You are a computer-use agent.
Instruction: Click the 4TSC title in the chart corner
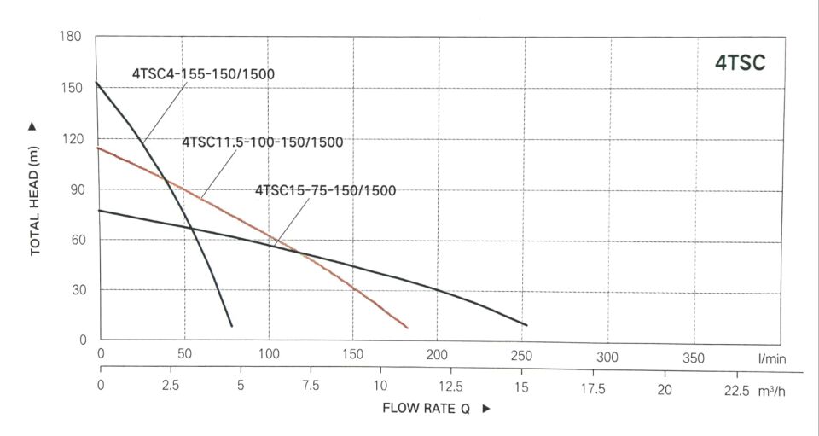(x=741, y=63)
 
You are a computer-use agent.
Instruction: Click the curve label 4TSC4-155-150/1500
(x=203, y=74)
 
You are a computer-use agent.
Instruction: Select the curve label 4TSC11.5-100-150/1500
(x=262, y=142)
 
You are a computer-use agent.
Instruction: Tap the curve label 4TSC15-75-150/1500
(x=326, y=191)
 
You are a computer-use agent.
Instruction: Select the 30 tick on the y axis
(x=75, y=290)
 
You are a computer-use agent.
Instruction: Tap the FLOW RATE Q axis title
(x=426, y=408)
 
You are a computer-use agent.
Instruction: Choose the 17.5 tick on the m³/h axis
(x=592, y=389)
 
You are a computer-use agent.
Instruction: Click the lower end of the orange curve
(x=407, y=327)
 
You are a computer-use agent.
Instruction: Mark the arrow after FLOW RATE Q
(x=486, y=409)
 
